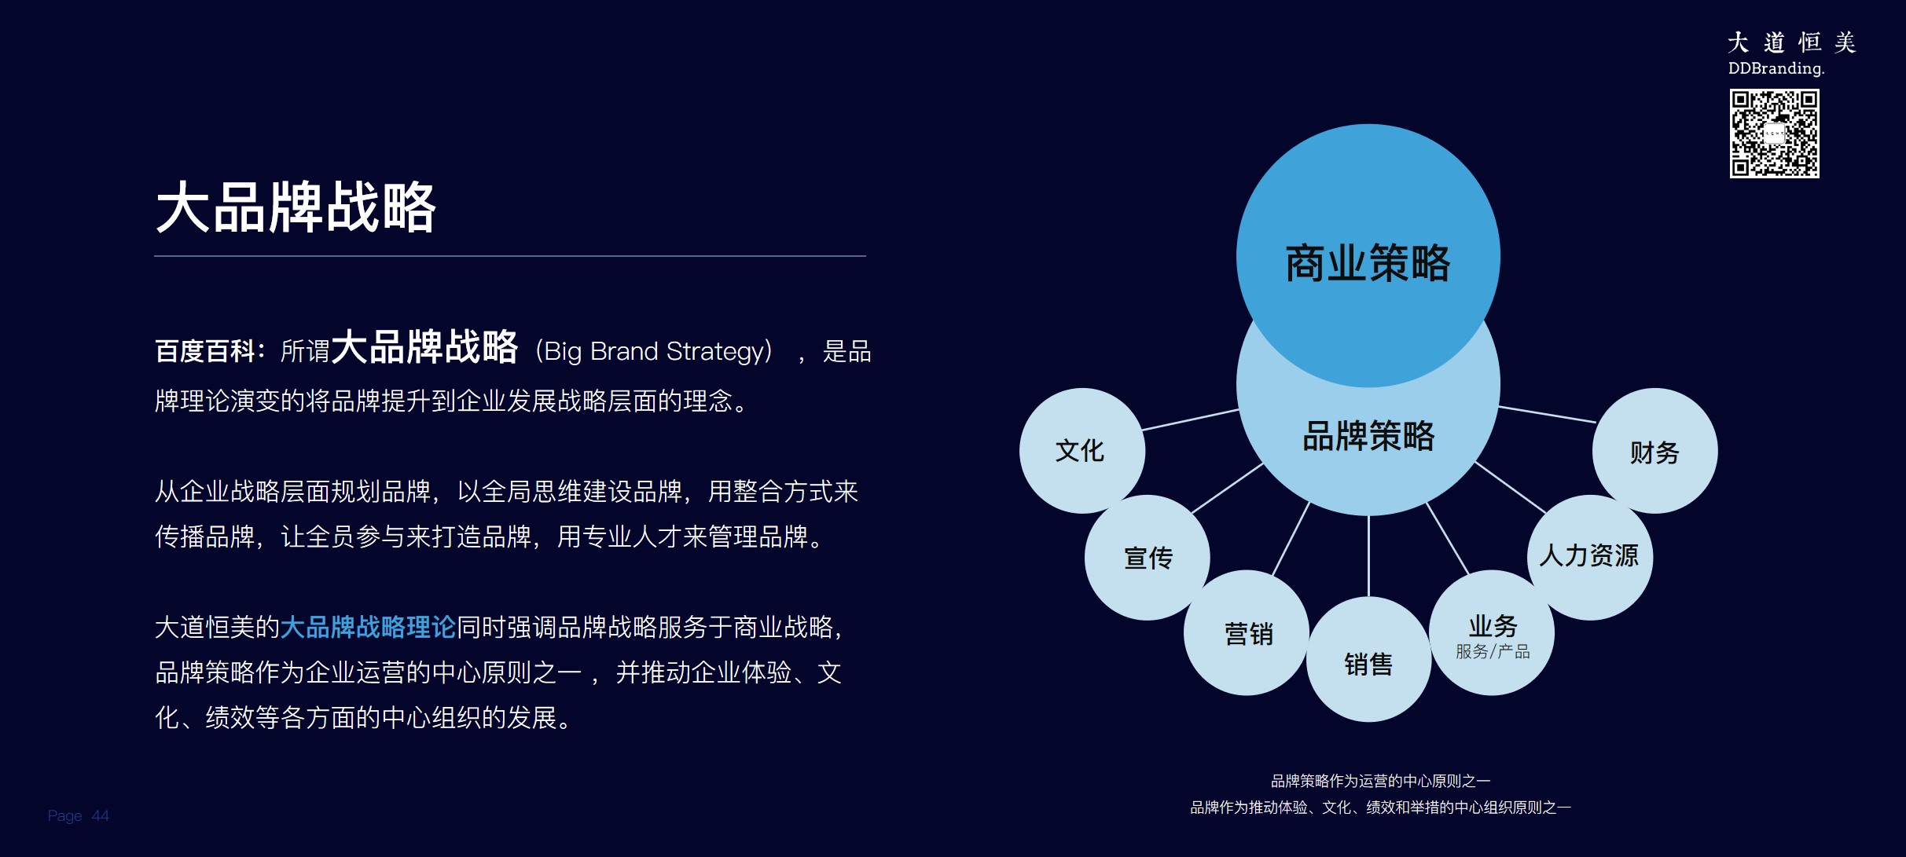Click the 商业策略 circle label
point(1368,262)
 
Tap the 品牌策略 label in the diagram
point(1368,436)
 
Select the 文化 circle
point(1081,451)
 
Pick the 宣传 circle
point(1148,558)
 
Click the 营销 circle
point(1247,633)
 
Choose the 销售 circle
point(1368,664)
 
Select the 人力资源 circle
point(1589,556)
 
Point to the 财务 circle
point(1654,452)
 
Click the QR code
point(1774,134)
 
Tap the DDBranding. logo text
point(1776,68)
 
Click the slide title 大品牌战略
point(296,207)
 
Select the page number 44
point(100,815)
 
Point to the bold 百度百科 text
point(204,351)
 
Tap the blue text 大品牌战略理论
point(368,627)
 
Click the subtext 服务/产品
point(1492,651)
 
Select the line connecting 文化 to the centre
point(1191,419)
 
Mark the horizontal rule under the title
point(509,256)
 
